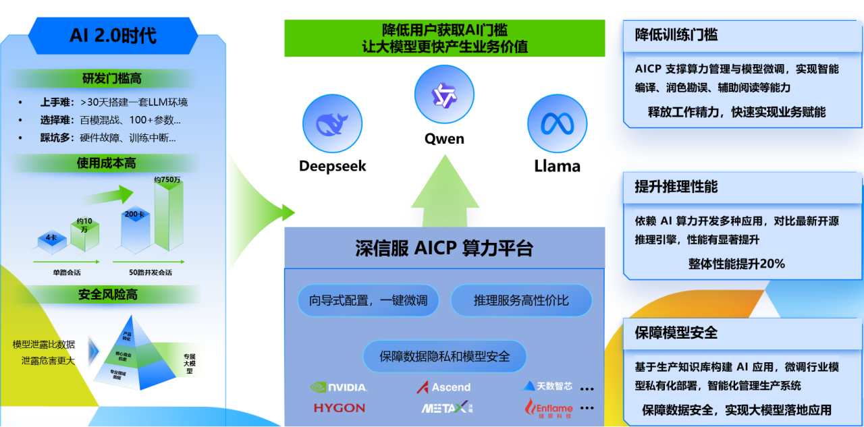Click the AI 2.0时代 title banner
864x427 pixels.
[x=113, y=35]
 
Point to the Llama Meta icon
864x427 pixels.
[x=557, y=123]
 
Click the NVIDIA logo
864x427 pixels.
[x=339, y=387]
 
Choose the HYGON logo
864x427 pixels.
[x=339, y=407]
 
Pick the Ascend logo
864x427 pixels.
[x=443, y=387]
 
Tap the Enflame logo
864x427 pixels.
[x=549, y=408]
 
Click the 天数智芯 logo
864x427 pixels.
[x=547, y=387]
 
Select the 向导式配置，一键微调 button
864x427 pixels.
[x=368, y=301]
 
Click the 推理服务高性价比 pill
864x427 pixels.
[x=521, y=301]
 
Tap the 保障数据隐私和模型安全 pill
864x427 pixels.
[x=444, y=356]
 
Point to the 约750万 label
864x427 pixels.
[x=167, y=179]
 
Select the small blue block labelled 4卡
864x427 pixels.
[x=52, y=239]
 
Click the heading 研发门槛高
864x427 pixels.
[x=112, y=79]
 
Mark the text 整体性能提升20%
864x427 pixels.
[x=736, y=264]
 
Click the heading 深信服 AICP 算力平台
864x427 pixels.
[x=444, y=248]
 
